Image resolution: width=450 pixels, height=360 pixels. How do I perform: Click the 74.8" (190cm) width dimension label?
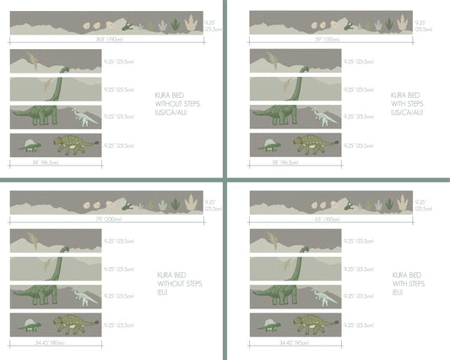pyautogui.click(x=106, y=40)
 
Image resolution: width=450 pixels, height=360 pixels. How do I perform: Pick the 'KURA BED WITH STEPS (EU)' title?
pyautogui.click(x=409, y=285)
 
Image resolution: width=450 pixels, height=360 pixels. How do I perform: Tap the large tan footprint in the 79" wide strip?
pyautogui.click(x=192, y=202)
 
